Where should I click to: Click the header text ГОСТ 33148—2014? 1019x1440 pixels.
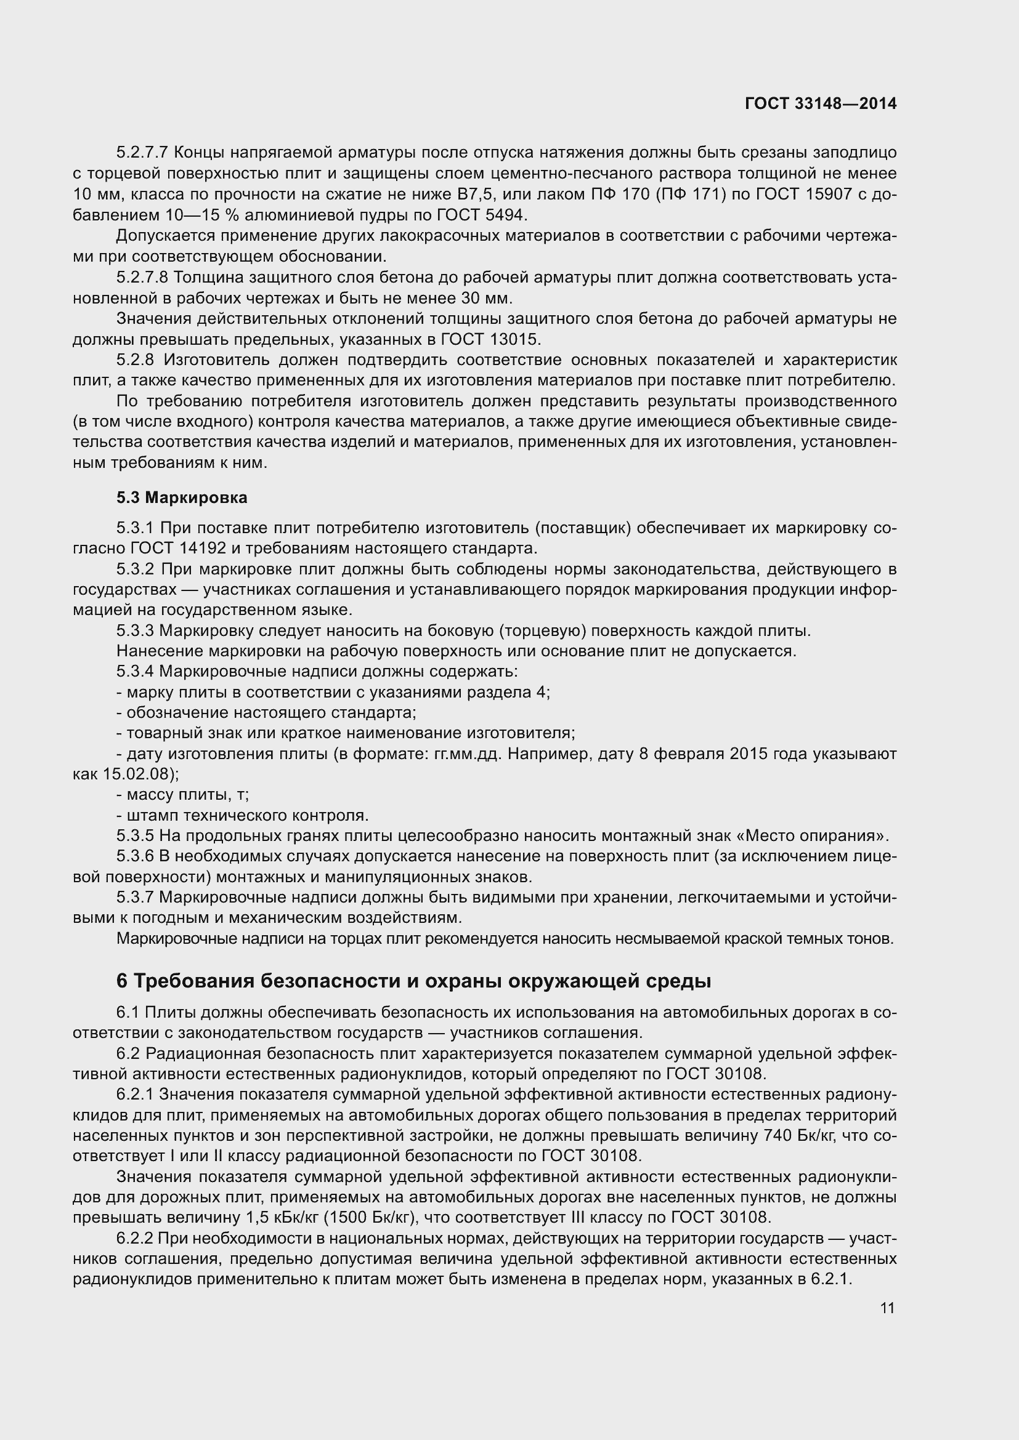tap(821, 103)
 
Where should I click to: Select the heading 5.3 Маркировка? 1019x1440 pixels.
tap(182, 497)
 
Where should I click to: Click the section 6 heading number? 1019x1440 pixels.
tap(122, 981)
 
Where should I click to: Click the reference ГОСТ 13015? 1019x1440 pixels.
tap(490, 339)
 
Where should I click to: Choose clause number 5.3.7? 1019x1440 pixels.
tap(135, 898)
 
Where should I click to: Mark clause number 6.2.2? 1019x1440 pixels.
tap(135, 1239)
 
